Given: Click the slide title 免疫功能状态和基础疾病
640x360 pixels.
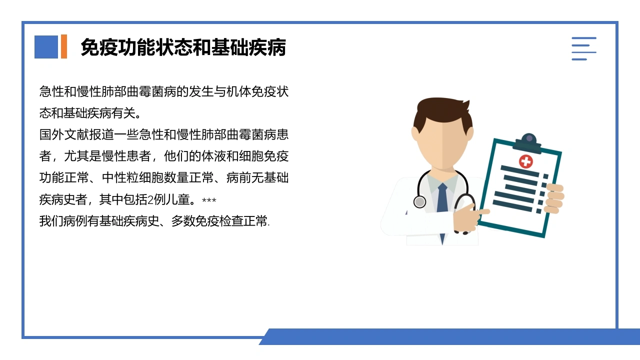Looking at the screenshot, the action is (183, 47).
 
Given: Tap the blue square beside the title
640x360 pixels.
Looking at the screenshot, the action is (46, 47).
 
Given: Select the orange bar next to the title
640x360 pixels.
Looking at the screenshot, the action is (64, 46).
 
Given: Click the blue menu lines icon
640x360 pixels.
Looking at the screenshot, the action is (583, 48).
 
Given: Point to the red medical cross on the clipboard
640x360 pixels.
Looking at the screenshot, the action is (525, 161).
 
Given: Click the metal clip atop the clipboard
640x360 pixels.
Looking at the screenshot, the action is (528, 143).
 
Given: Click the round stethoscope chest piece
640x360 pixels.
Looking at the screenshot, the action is (419, 201).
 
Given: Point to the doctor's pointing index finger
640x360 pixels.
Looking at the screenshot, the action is (482, 211).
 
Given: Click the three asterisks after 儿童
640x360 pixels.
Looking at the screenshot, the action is (209, 200).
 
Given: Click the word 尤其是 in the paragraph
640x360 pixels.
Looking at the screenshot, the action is (82, 156).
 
